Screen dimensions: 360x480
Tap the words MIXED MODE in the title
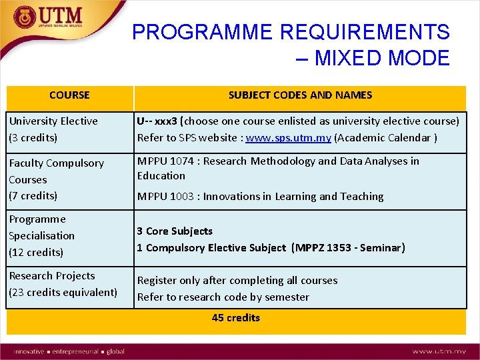[382, 58]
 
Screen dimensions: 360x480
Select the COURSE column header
[69, 95]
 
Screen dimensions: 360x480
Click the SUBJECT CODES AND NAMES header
[300, 95]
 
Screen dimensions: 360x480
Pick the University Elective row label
[53, 121]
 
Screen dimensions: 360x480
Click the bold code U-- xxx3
[158, 121]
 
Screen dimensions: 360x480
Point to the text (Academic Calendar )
[385, 137]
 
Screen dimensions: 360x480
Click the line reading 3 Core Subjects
[175, 231]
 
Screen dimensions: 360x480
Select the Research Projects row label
[52, 276]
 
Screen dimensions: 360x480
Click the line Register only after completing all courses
[237, 281]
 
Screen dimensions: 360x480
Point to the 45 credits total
[235, 317]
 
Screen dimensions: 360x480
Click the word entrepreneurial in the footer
[75, 351]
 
